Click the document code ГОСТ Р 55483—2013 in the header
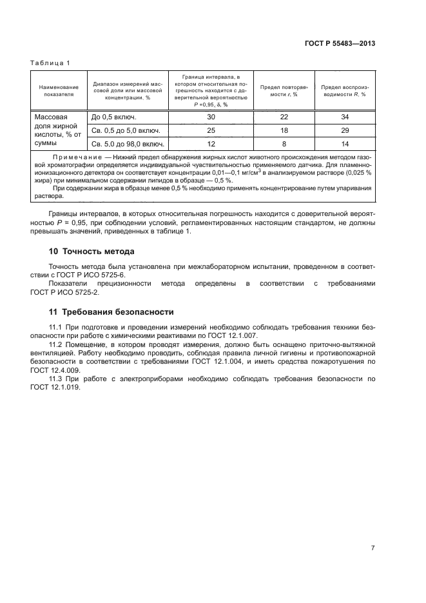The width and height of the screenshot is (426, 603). click(x=340, y=44)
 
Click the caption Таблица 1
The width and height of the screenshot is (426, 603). click(x=50, y=63)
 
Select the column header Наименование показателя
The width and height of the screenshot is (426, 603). click(x=59, y=90)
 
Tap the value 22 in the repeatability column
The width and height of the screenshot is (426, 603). click(x=284, y=117)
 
